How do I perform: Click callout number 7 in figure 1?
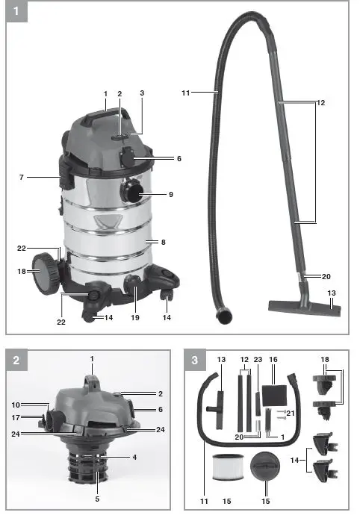point(22,177)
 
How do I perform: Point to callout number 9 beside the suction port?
point(170,194)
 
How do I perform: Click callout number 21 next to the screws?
point(291,413)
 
